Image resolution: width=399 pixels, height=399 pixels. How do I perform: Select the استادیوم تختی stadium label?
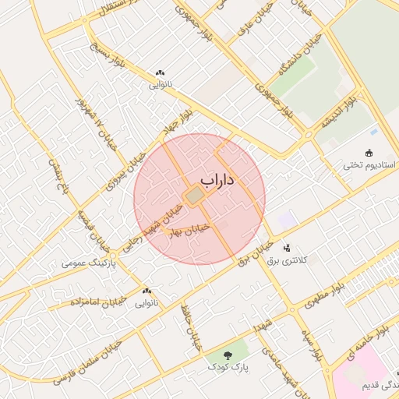[x=370, y=166]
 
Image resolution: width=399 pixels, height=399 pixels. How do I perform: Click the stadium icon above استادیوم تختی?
[x=369, y=154]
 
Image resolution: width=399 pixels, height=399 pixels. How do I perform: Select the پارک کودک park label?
[x=228, y=365]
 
